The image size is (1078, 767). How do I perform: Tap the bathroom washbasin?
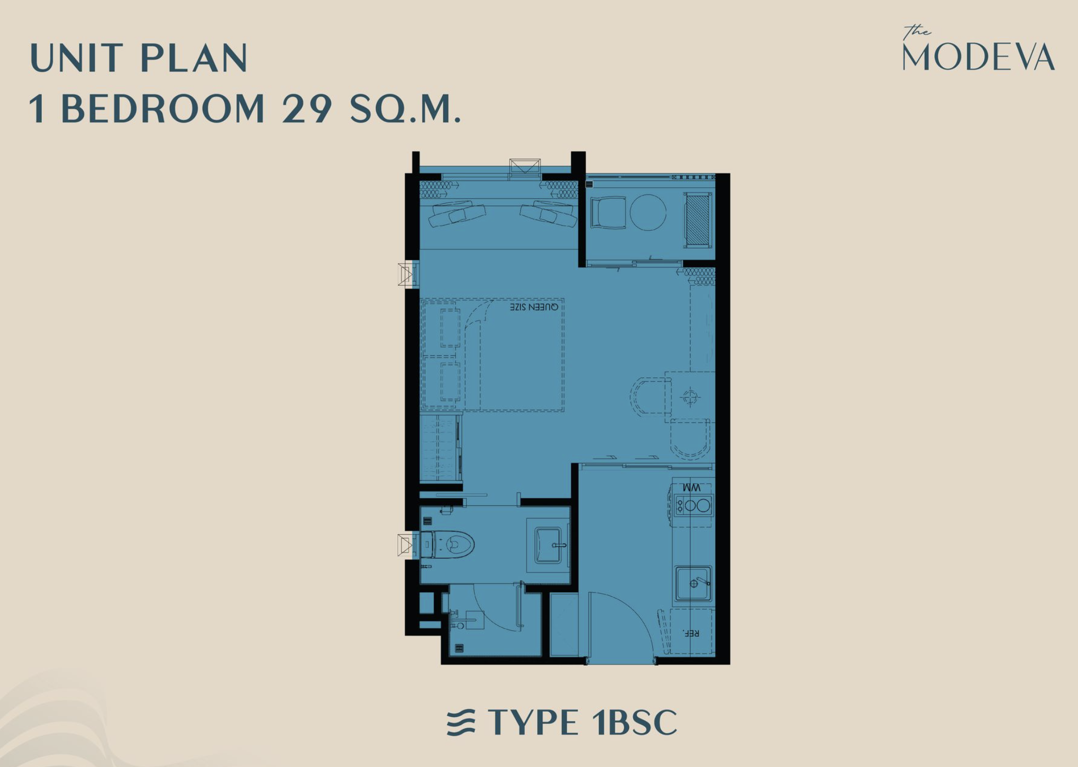[549, 545]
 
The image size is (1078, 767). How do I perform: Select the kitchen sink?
[693, 583]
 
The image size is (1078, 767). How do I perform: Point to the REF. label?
[691, 633]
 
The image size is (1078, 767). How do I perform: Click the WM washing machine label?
[691, 487]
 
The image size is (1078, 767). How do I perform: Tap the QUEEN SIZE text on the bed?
[534, 307]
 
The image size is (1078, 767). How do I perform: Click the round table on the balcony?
[648, 213]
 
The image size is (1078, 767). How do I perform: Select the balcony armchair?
[608, 213]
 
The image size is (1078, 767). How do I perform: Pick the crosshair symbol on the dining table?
[690, 397]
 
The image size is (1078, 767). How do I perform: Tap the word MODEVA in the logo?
[979, 57]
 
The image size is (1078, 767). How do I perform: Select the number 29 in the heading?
[307, 108]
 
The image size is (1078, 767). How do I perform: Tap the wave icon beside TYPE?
[461, 723]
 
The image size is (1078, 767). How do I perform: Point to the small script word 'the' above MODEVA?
[917, 32]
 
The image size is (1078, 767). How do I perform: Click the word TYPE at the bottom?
[533, 723]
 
